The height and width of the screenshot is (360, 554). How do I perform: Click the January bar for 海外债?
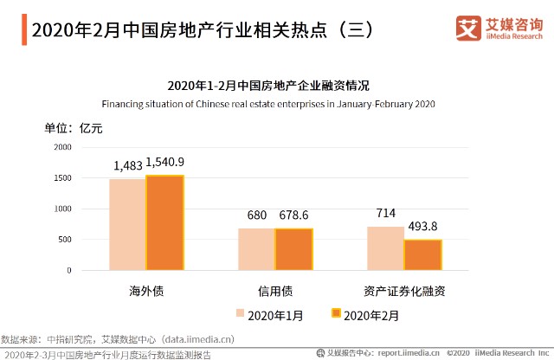pyautogui.click(x=127, y=225)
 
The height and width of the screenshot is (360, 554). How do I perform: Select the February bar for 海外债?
pyautogui.click(x=164, y=223)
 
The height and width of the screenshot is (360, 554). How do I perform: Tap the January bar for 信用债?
pyautogui.click(x=256, y=249)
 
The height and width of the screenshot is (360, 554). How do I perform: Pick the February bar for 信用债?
pyautogui.click(x=293, y=249)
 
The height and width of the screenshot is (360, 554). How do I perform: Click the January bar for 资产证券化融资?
pyautogui.click(x=385, y=248)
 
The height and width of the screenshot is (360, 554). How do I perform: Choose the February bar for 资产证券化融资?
pyautogui.click(x=422, y=255)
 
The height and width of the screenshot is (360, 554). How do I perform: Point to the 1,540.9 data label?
pyautogui.click(x=164, y=162)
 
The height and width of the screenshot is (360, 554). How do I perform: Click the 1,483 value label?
pyautogui.click(x=127, y=164)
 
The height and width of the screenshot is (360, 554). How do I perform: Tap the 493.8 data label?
pyautogui.click(x=423, y=225)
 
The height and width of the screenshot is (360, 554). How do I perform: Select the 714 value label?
pyautogui.click(x=386, y=213)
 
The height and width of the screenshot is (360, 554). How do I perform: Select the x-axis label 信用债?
pyautogui.click(x=274, y=291)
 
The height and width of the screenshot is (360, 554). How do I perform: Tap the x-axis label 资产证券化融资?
pyautogui.click(x=404, y=291)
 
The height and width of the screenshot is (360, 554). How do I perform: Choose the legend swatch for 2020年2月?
pyautogui.click(x=336, y=314)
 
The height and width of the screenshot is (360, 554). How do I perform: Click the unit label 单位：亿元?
pyautogui.click(x=74, y=129)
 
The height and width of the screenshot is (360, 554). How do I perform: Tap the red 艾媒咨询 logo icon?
pyautogui.click(x=467, y=29)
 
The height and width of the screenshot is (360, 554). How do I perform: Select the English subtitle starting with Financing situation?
pyautogui.click(x=268, y=104)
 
